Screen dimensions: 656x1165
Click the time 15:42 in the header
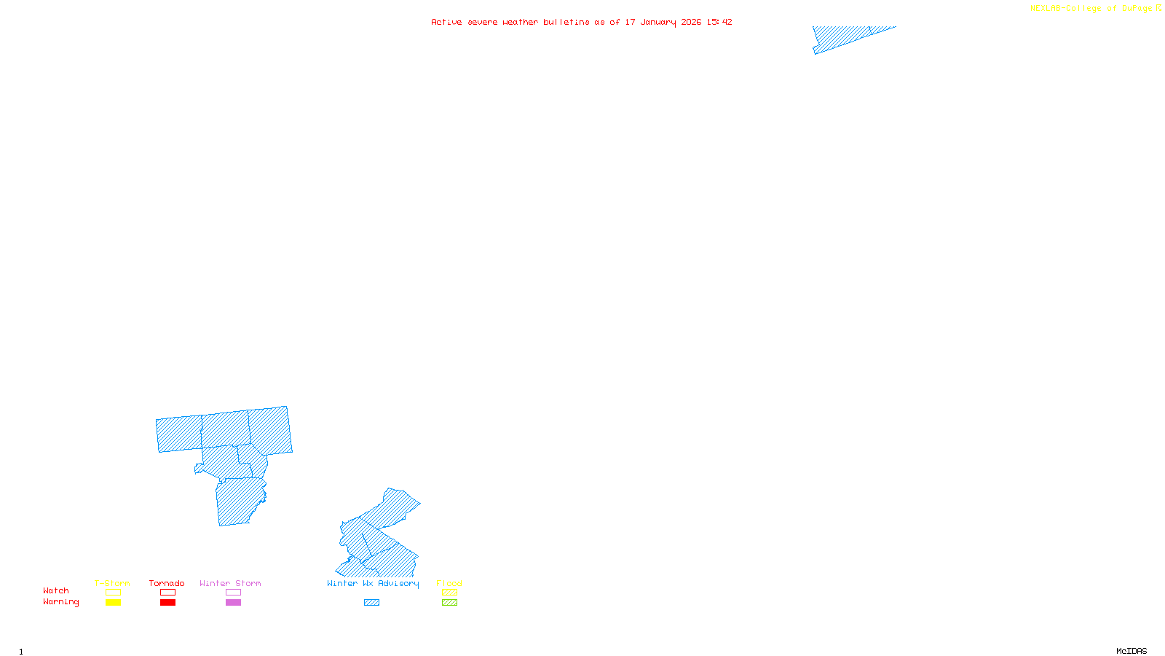click(719, 23)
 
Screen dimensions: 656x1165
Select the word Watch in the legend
click(56, 591)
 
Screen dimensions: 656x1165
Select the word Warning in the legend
click(61, 602)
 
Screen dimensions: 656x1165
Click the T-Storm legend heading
click(112, 583)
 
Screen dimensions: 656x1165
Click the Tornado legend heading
click(167, 583)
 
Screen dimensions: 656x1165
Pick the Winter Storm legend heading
click(230, 583)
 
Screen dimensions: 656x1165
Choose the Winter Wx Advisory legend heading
click(373, 583)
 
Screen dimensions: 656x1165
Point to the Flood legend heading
click(449, 583)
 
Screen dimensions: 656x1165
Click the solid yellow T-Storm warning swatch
click(113, 603)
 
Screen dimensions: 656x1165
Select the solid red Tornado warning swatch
click(167, 603)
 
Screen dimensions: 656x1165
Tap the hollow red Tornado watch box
click(167, 593)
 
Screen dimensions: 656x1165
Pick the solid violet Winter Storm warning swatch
click(233, 603)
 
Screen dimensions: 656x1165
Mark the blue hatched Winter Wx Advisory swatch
click(371, 603)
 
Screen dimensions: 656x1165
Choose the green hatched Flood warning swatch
click(449, 603)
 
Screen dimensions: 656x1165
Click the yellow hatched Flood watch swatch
click(449, 593)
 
